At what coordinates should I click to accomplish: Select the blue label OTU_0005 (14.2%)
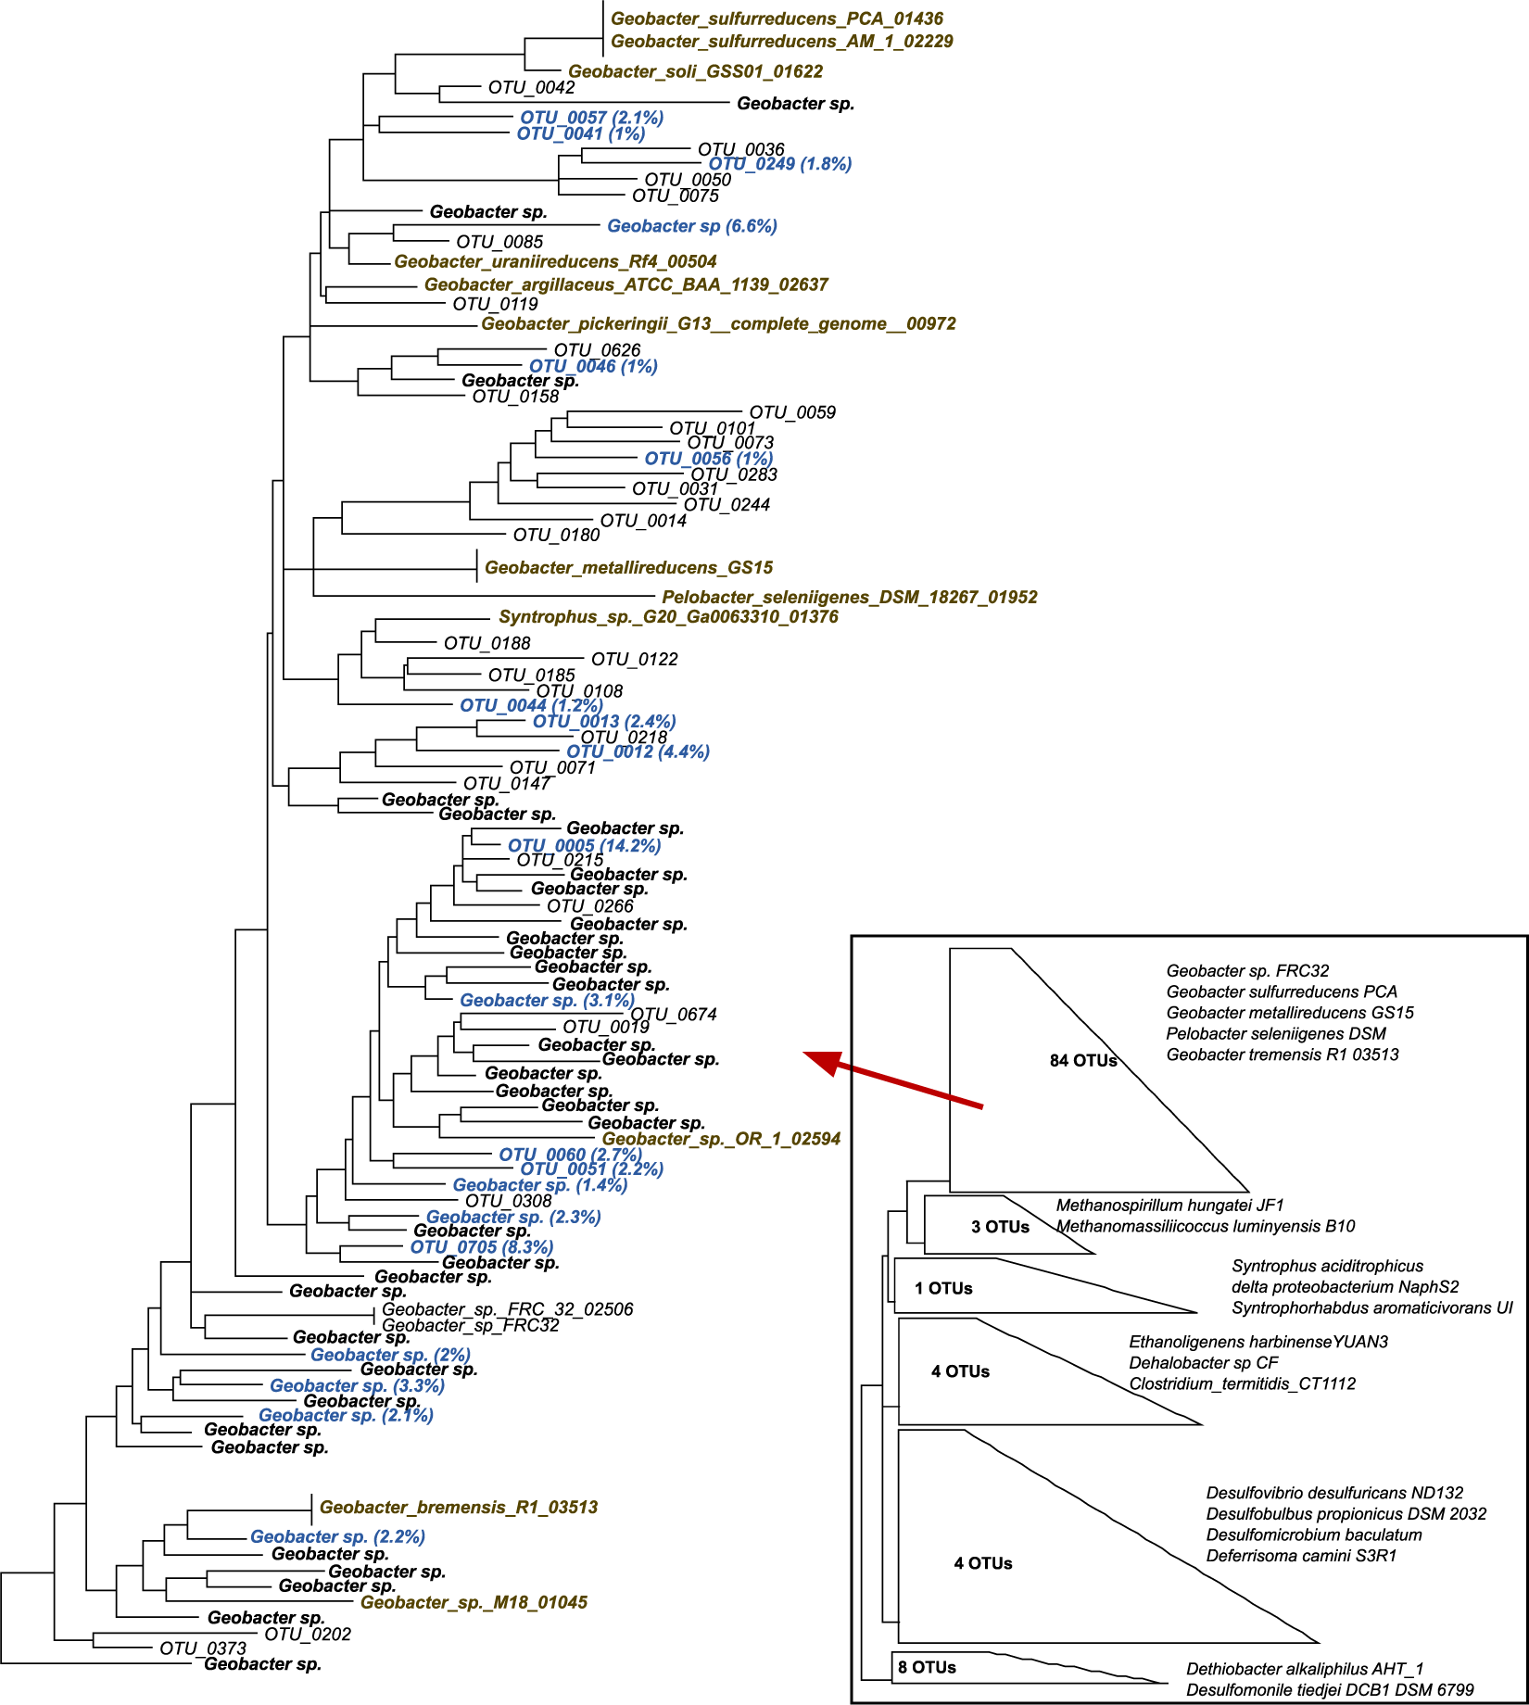(584, 845)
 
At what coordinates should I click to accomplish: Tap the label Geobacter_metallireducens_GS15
(628, 567)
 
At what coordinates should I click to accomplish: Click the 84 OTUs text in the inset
(1083, 1060)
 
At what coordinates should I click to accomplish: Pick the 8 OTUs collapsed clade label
(927, 1667)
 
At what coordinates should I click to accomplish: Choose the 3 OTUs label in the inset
(1000, 1227)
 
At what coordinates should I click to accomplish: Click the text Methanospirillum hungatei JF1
(1169, 1206)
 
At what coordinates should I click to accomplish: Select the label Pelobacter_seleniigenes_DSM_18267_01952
(849, 598)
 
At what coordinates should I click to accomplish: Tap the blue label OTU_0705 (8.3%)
(482, 1247)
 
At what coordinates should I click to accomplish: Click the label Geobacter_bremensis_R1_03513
(459, 1507)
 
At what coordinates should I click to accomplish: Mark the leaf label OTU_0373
(203, 1648)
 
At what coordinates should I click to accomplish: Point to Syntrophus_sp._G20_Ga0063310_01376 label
(668, 617)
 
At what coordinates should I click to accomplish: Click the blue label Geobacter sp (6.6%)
(691, 226)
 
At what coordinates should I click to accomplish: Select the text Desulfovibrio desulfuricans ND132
(1334, 1493)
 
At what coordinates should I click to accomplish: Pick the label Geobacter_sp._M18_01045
(474, 1602)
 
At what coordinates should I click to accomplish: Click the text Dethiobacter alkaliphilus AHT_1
(1305, 1669)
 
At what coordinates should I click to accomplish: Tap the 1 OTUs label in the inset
(943, 1288)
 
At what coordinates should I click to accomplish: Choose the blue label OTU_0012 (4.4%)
(638, 751)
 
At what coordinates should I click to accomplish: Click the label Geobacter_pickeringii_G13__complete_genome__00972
(718, 323)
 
